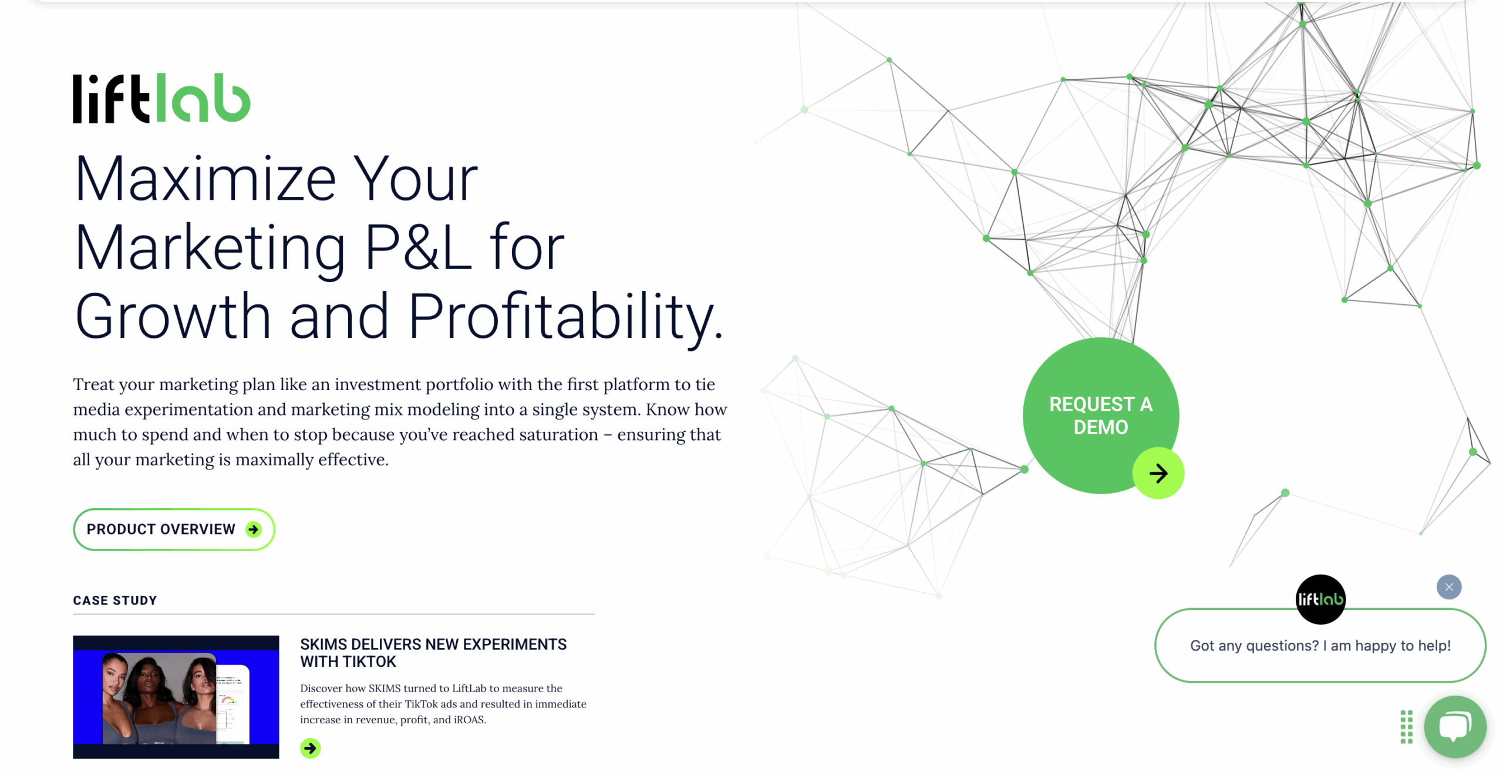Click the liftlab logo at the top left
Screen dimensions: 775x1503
(x=161, y=98)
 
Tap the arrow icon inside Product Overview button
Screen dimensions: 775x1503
(x=254, y=529)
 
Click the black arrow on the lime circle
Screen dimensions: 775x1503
(x=1158, y=473)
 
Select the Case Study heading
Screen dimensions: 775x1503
(x=115, y=600)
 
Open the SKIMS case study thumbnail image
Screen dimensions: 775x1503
(x=176, y=696)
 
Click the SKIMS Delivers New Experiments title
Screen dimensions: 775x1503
(x=433, y=652)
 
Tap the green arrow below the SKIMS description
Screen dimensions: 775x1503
(x=310, y=748)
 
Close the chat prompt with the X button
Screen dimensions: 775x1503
(x=1448, y=586)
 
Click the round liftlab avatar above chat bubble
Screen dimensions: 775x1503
(x=1320, y=599)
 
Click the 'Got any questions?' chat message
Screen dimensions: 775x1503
(x=1320, y=645)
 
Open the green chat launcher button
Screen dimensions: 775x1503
(x=1454, y=726)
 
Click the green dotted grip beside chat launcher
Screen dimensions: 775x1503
(x=1406, y=726)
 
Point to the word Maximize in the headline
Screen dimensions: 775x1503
(x=205, y=179)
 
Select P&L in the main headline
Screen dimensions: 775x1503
(x=418, y=247)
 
